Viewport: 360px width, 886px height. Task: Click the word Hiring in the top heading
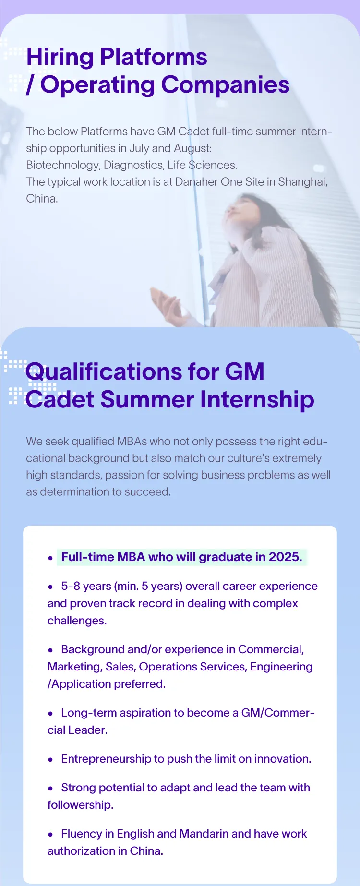pyautogui.click(x=60, y=58)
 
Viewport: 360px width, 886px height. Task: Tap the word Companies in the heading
pyautogui.click(x=225, y=85)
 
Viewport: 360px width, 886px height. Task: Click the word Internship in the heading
pyautogui.click(x=257, y=400)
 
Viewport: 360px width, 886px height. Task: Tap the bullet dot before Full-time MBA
pyautogui.click(x=50, y=558)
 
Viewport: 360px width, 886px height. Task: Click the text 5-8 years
pyautogui.click(x=86, y=587)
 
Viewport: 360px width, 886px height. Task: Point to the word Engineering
pyautogui.click(x=281, y=667)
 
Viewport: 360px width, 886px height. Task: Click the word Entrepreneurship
pyautogui.click(x=106, y=759)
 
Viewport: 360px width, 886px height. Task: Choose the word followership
pyautogui.click(x=80, y=805)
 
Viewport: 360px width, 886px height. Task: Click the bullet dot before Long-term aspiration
pyautogui.click(x=50, y=714)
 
